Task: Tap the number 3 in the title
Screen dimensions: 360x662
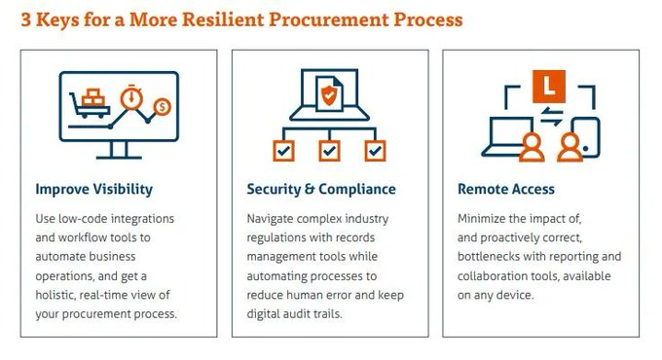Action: [x=26, y=19]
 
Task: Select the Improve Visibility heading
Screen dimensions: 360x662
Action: [x=94, y=189]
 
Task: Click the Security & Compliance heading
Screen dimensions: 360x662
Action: [x=321, y=189]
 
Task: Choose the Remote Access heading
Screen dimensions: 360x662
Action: [x=506, y=189]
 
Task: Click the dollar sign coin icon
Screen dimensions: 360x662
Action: [x=164, y=106]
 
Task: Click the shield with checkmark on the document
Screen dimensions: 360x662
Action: [x=329, y=94]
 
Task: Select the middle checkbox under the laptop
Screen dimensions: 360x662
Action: [x=330, y=151]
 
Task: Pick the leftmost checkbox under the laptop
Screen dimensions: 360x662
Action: [x=283, y=151]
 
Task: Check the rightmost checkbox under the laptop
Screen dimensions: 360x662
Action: [x=376, y=151]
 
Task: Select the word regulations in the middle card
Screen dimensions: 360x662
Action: [x=279, y=237]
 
